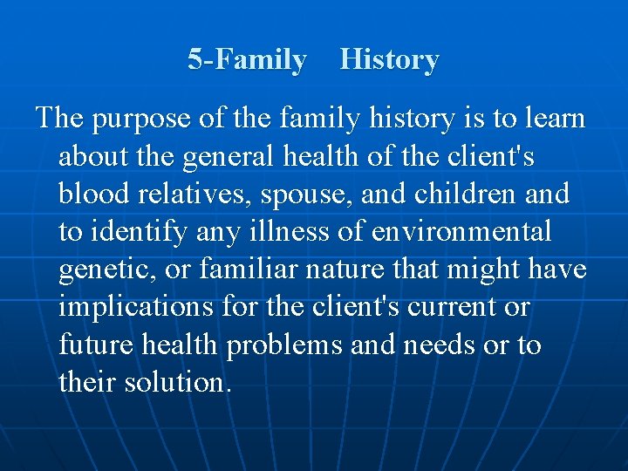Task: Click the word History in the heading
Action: tap(389, 60)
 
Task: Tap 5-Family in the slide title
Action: tap(248, 60)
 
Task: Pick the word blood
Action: tap(92, 194)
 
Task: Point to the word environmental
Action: tap(461, 231)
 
